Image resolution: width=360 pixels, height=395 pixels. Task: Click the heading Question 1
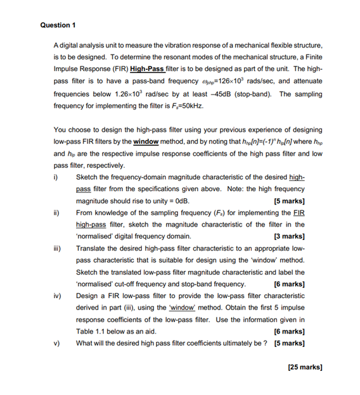(57, 25)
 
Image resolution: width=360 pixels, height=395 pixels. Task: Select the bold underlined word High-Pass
(146, 69)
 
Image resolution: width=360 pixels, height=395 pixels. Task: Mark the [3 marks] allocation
(289, 236)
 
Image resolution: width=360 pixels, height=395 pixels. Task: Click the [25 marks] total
(304, 367)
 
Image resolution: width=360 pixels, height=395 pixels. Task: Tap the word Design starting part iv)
(87, 296)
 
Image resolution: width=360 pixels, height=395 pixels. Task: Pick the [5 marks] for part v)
(289, 343)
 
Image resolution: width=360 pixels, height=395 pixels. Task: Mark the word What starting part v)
(84, 343)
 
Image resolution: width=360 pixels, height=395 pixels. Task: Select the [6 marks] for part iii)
(289, 284)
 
